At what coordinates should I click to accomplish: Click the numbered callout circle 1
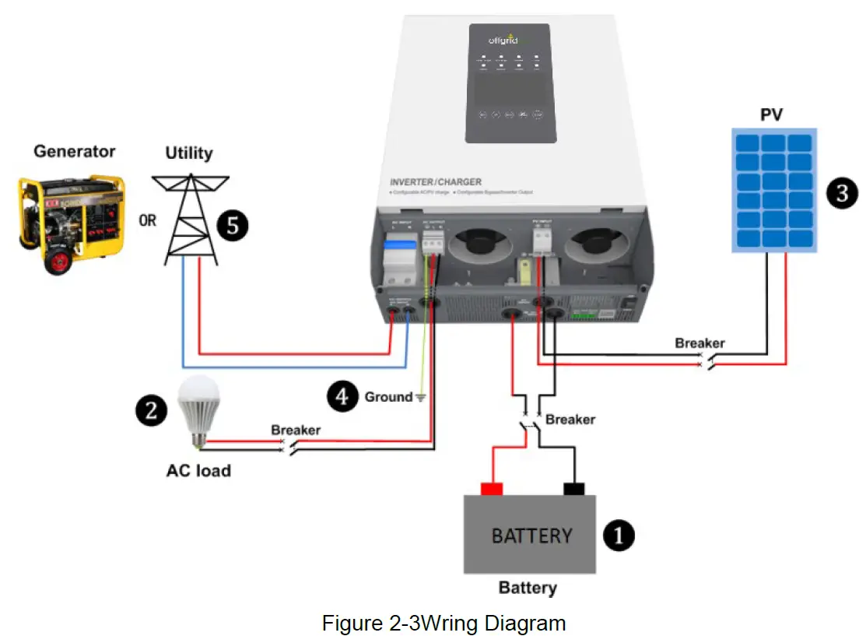coord(619,536)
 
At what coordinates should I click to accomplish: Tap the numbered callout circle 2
coord(151,409)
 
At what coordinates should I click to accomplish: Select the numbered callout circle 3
coord(842,192)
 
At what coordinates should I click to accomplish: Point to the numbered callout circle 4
coord(342,396)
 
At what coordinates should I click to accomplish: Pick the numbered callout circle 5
coord(232,226)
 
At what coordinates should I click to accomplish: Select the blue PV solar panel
coord(774,191)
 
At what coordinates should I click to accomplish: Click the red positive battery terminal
coord(491,489)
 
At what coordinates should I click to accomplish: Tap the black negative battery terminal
coord(573,489)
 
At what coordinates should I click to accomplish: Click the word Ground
coord(388,397)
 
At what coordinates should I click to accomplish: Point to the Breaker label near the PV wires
coord(699,343)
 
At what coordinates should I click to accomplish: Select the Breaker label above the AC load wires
coord(295,430)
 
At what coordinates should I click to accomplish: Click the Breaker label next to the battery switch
coord(570,420)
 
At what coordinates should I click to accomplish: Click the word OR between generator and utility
coord(148,220)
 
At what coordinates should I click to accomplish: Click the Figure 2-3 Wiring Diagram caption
coord(444,623)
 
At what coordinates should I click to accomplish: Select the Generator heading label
coord(74,151)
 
